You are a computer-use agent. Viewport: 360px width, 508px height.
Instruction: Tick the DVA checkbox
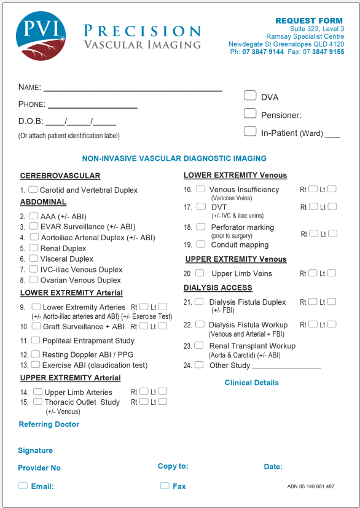(x=250, y=95)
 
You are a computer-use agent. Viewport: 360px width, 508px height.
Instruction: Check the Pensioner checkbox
(x=250, y=113)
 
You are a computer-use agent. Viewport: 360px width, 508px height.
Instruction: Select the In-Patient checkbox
(x=250, y=131)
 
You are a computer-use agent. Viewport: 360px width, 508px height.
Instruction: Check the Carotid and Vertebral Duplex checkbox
(x=33, y=190)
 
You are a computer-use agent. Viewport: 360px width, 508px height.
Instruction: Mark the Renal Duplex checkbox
(x=33, y=248)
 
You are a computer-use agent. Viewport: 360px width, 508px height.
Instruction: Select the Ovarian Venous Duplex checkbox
(x=33, y=279)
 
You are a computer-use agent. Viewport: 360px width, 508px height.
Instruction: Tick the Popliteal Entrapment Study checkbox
(x=36, y=340)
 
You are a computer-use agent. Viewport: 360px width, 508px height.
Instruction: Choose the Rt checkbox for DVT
(x=313, y=207)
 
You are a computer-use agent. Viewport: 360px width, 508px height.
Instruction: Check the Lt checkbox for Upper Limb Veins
(x=332, y=273)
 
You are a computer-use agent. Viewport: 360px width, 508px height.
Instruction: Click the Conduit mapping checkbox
(x=201, y=244)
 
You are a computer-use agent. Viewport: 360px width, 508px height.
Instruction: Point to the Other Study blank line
(x=286, y=367)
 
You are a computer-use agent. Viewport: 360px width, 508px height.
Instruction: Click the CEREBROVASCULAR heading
(x=60, y=176)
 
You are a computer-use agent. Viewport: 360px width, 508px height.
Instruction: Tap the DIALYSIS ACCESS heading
(x=217, y=287)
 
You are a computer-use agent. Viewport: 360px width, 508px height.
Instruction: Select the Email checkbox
(x=23, y=485)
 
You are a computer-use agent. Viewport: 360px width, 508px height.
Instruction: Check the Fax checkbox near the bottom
(x=164, y=485)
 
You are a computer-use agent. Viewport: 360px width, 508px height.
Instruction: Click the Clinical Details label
(x=251, y=383)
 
